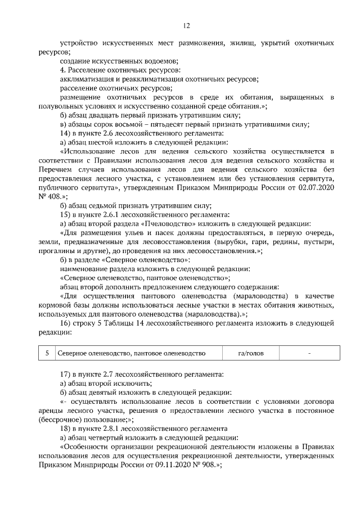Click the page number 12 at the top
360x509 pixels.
[x=186, y=25]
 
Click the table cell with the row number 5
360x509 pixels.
[x=47, y=353]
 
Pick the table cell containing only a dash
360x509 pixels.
[x=309, y=353]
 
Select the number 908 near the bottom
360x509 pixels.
[x=200, y=466]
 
